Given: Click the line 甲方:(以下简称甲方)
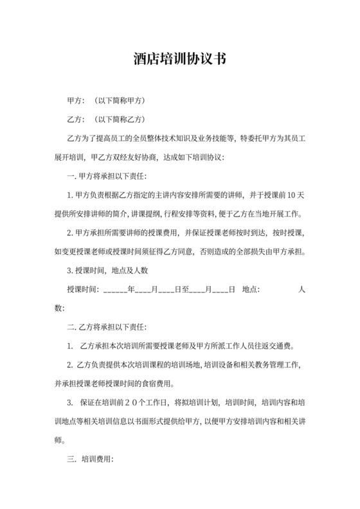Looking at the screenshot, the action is click(x=106, y=101).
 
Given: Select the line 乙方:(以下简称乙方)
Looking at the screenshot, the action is click(x=106, y=120).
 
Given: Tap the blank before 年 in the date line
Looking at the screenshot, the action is click(x=114, y=290).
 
